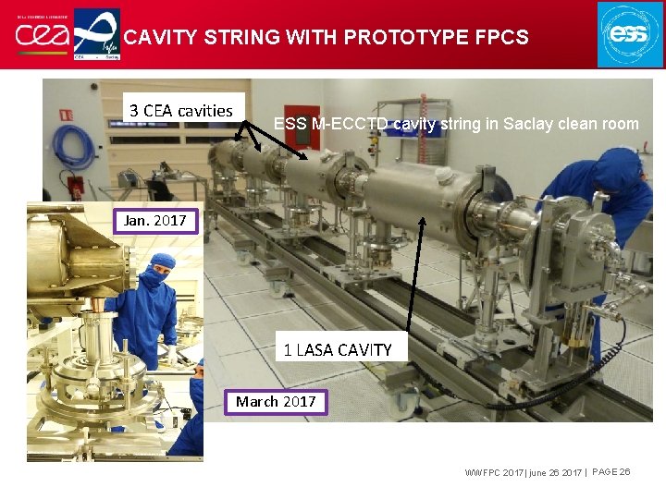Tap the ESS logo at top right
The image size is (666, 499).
tap(630, 34)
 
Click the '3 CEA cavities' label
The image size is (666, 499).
tap(181, 111)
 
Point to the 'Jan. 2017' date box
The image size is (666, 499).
tap(154, 221)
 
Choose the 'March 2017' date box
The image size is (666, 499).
tap(276, 402)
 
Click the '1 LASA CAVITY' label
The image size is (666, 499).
tap(338, 350)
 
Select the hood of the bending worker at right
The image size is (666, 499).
tap(617, 171)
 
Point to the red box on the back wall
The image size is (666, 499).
tap(66, 115)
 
